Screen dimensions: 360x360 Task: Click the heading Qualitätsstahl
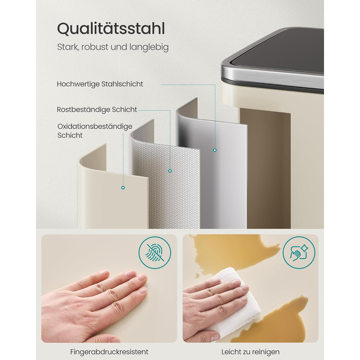point(111,29)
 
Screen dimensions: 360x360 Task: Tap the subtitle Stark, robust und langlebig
point(113,47)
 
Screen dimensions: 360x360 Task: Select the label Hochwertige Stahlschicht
point(100,84)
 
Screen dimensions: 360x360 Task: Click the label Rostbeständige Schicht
point(97,110)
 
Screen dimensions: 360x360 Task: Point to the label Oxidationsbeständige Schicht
point(95,131)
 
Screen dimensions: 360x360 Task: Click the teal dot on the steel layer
point(214,150)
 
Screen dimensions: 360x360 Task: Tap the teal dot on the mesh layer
point(170,171)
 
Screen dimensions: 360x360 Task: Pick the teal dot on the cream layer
point(123,188)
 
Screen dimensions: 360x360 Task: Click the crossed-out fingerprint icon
point(155,253)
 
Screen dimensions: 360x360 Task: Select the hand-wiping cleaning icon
point(299,253)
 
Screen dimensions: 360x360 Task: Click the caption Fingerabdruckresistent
point(109,352)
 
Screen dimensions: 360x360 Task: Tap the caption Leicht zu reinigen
point(250,352)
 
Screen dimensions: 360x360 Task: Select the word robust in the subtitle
point(95,47)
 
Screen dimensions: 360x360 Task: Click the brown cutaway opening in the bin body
point(265,169)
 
